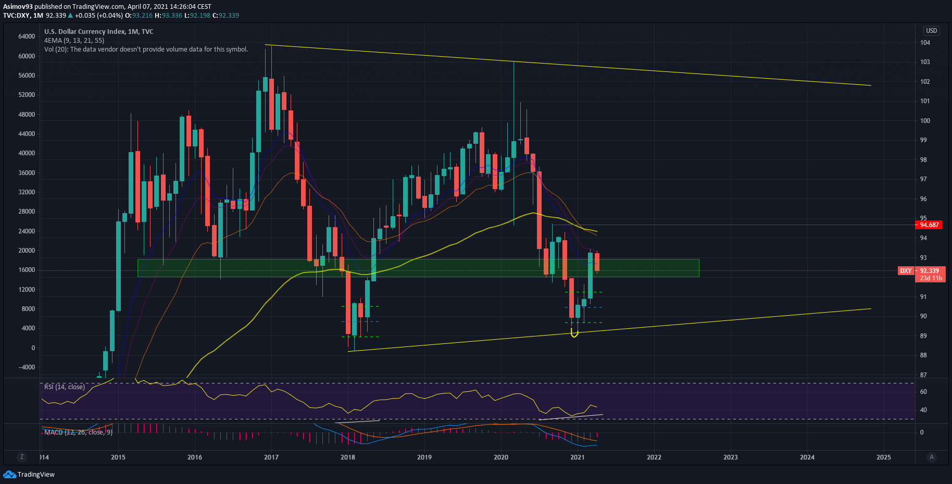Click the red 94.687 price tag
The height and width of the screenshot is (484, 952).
click(x=930, y=225)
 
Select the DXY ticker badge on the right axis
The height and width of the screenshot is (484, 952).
click(x=906, y=271)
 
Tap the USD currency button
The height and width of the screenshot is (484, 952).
click(x=931, y=31)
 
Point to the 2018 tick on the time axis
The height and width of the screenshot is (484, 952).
click(x=348, y=457)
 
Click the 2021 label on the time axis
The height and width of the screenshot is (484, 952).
click(x=577, y=457)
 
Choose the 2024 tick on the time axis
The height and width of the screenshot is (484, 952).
click(x=807, y=457)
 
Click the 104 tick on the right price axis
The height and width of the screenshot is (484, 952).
click(x=925, y=43)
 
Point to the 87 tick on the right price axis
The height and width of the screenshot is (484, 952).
click(x=923, y=375)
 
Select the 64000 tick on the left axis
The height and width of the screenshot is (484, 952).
click(x=27, y=36)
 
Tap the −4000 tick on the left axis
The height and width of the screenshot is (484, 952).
click(x=27, y=367)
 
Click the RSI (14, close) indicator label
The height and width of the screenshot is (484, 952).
click(x=65, y=387)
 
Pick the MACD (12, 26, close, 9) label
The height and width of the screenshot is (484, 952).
click(x=78, y=432)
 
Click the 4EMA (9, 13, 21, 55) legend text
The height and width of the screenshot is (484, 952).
click(x=74, y=41)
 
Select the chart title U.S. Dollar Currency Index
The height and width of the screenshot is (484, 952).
click(x=84, y=32)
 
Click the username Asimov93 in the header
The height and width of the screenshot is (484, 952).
click(x=18, y=7)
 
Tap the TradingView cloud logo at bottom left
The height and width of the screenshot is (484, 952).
click(x=9, y=474)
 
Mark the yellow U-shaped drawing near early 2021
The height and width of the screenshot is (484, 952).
click(x=574, y=333)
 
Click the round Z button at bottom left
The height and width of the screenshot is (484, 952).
click(x=21, y=457)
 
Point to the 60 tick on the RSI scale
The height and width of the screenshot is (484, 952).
click(x=923, y=392)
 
